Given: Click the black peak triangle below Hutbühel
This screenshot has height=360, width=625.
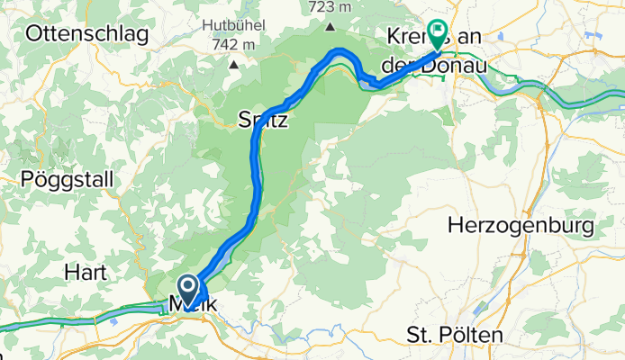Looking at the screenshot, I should click(234, 64).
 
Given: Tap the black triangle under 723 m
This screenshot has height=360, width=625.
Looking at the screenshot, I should click(331, 26).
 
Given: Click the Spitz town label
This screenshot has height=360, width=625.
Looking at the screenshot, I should click(263, 118).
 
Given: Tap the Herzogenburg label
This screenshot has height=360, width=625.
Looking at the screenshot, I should click(517, 223).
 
